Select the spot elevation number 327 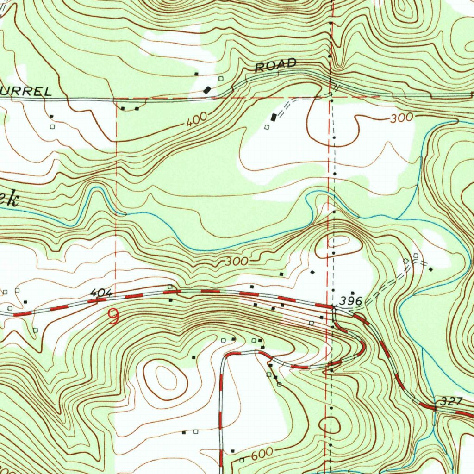tap(449, 401)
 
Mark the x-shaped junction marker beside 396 tap(333, 306)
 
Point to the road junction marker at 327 tap(435, 409)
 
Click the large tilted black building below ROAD tap(207, 90)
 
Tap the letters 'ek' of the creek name tap(10, 200)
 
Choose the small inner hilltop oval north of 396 tap(339, 241)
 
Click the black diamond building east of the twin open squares tap(430, 269)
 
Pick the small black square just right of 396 tap(352, 293)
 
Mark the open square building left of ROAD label tap(220, 78)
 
